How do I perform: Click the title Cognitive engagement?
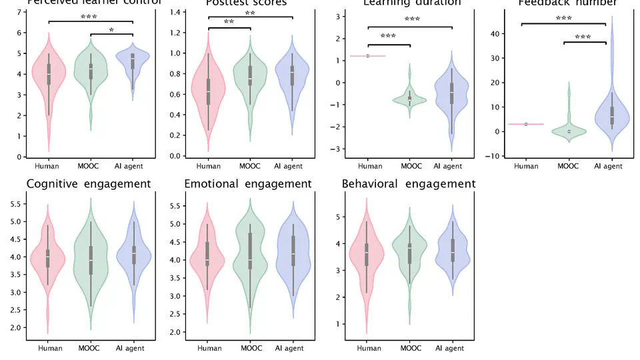[89, 184]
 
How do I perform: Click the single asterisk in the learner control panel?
[111, 31]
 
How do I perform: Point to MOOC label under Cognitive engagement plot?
[89, 348]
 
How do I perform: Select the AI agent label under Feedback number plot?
[607, 166]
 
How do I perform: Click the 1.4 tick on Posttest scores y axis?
[174, 13]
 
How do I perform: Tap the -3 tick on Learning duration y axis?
[338, 149]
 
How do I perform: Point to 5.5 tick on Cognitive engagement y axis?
[15, 203]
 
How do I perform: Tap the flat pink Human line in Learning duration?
[369, 56]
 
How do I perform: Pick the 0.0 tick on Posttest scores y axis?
[174, 156]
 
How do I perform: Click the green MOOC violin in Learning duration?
[409, 99]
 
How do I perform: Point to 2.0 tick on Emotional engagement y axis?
[174, 331]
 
